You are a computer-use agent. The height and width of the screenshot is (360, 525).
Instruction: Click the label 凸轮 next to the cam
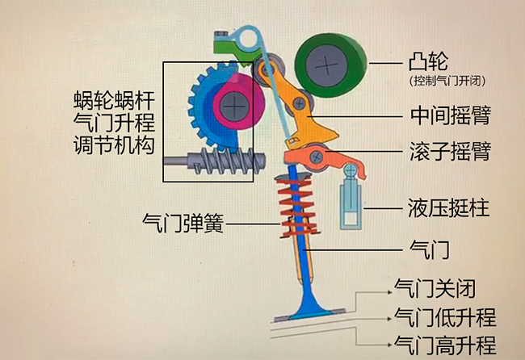point(428,62)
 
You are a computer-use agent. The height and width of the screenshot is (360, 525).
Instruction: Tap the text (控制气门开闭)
point(447,81)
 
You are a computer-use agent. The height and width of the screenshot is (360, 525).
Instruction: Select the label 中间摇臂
point(451,115)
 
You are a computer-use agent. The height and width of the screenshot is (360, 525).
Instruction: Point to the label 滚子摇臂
point(451,151)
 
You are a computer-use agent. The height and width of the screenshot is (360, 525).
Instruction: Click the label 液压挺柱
point(448,207)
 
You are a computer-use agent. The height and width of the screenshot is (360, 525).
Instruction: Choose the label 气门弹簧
point(183,223)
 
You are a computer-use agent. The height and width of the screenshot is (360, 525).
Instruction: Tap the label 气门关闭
point(435,288)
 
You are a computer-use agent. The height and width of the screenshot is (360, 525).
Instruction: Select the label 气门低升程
point(445,317)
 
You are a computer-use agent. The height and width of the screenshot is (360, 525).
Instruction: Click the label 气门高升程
point(445,345)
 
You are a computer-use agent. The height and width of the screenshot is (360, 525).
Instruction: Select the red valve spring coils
point(297,205)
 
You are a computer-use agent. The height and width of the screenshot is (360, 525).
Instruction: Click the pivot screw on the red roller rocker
point(316,157)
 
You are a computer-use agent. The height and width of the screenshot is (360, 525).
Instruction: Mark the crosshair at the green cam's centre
point(326,66)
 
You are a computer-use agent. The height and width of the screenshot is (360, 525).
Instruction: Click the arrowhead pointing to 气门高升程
point(389,345)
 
